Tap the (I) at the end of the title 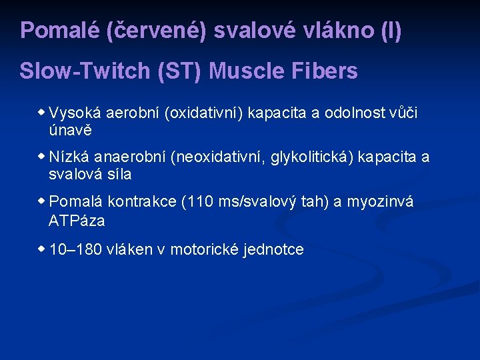tap(391, 31)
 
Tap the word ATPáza tap(77, 220)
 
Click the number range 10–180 tap(75, 250)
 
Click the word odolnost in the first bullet tap(352, 113)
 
